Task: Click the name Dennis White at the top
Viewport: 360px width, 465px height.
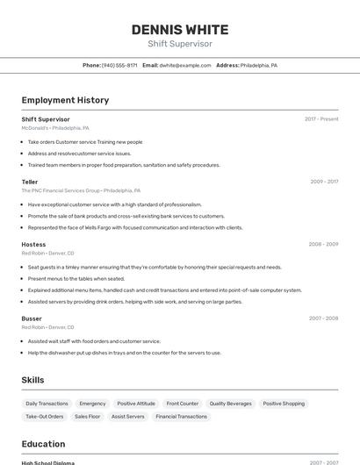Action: (180, 30)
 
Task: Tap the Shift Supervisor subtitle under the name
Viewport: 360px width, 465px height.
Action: (180, 44)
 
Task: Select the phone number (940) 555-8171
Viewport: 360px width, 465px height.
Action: (119, 65)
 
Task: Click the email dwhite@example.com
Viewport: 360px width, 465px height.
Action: (185, 65)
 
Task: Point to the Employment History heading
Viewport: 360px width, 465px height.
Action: (65, 100)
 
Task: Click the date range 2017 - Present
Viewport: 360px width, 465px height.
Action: (321, 118)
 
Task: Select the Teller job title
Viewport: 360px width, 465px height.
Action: (30, 182)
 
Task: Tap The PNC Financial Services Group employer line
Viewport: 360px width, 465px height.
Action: (81, 190)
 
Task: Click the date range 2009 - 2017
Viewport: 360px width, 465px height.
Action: (324, 182)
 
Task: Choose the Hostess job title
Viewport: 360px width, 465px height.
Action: (33, 244)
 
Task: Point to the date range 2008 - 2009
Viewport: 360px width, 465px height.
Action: (323, 244)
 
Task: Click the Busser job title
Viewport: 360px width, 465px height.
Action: (32, 318)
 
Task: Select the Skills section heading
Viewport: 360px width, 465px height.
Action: (32, 380)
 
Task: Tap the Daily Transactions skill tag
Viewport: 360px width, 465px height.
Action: (47, 404)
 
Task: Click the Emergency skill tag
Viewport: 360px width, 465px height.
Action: (92, 404)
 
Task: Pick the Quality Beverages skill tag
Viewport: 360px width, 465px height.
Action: (230, 404)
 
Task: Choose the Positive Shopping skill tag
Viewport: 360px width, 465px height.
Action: (284, 404)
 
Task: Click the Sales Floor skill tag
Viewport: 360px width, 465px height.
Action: (87, 417)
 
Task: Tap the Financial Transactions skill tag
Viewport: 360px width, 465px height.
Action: (181, 417)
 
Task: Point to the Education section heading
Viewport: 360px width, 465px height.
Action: (43, 444)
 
